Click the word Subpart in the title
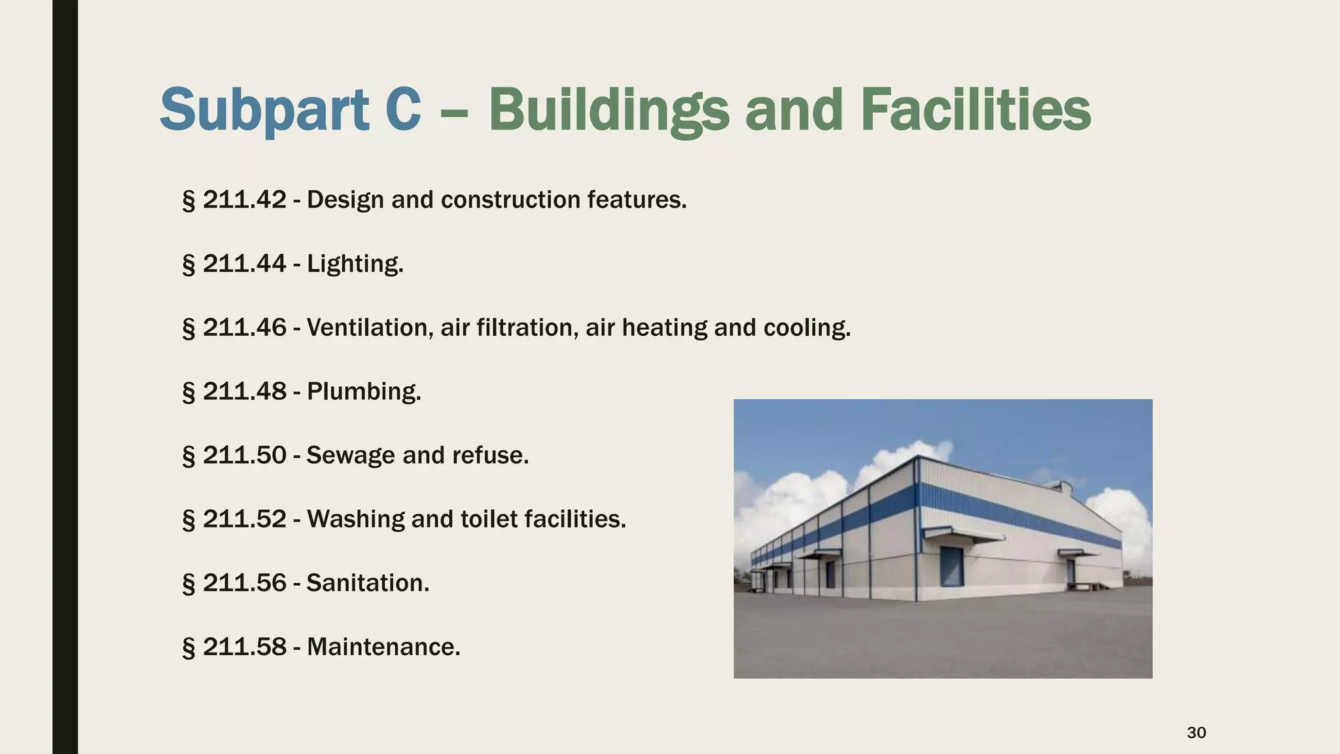[264, 110]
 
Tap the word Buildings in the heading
[608, 110]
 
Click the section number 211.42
[244, 200]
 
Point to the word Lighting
[355, 264]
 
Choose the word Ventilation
[370, 327]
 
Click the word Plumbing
[364, 391]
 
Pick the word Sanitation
[368, 583]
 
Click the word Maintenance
[383, 647]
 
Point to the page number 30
[1196, 732]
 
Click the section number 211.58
[244, 647]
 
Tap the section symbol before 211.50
[188, 456]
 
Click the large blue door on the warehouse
[952, 566]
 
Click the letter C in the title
[399, 110]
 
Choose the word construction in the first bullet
[511, 200]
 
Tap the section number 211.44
[244, 264]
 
